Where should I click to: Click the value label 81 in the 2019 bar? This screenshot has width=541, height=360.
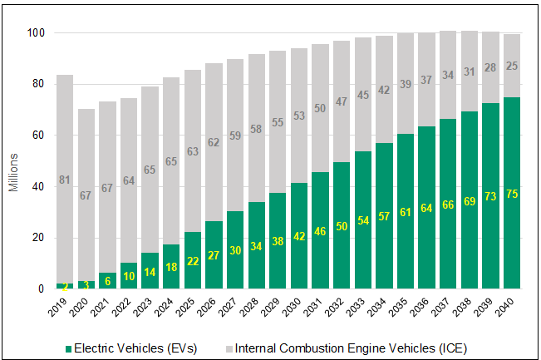(66, 180)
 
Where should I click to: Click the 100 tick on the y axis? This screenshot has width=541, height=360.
(37, 32)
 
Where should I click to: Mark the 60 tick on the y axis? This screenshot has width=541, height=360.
(40, 135)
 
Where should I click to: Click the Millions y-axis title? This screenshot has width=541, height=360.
(14, 172)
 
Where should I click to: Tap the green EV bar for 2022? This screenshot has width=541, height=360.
(129, 276)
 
